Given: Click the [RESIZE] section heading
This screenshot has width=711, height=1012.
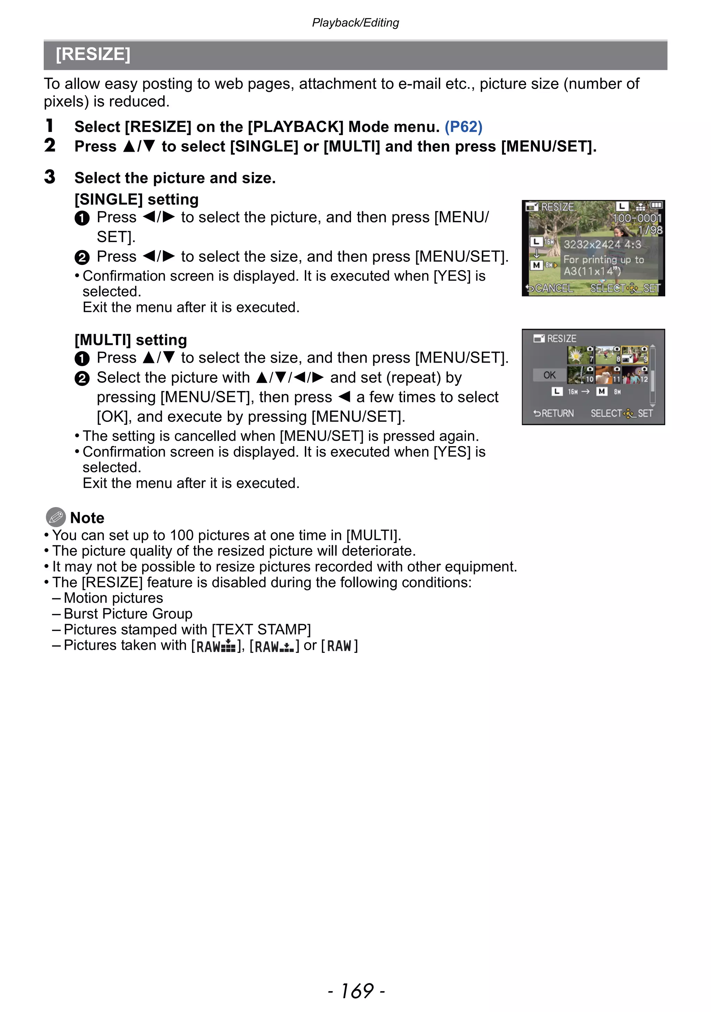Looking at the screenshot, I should pyautogui.click(x=93, y=55).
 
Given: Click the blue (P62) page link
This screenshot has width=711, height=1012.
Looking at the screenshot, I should pyautogui.click(x=463, y=127).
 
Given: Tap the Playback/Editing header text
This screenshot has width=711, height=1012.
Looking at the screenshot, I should pyautogui.click(x=355, y=23).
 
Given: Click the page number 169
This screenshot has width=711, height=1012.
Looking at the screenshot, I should pyautogui.click(x=357, y=991).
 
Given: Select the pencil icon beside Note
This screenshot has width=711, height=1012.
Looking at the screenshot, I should pyautogui.click(x=56, y=517).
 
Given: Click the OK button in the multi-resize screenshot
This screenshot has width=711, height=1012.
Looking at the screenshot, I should pyautogui.click(x=549, y=375).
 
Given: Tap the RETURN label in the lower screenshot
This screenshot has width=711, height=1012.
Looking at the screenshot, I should pyautogui.click(x=554, y=413).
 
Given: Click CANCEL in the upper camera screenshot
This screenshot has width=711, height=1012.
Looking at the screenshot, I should pyautogui.click(x=550, y=288).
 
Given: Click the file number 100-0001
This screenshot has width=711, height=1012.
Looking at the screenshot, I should pyautogui.click(x=637, y=218).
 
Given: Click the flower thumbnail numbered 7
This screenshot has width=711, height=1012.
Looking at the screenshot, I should pyautogui.click(x=580, y=355).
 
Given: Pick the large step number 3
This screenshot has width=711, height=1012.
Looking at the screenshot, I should pyautogui.click(x=50, y=177).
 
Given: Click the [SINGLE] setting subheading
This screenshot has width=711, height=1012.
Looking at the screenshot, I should pyautogui.click(x=136, y=199).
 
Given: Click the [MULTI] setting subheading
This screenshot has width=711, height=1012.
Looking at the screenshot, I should pyautogui.click(x=131, y=340).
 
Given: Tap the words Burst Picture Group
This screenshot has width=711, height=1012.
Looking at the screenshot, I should pyautogui.click(x=128, y=614).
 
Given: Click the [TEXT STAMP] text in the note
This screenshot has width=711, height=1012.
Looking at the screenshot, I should pyautogui.click(x=261, y=629).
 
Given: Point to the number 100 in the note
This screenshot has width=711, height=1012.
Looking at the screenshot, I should pyautogui.click(x=182, y=535).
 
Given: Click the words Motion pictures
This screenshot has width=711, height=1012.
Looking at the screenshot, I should pyautogui.click(x=113, y=598).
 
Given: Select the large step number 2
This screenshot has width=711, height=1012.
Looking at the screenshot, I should pyautogui.click(x=50, y=146).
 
